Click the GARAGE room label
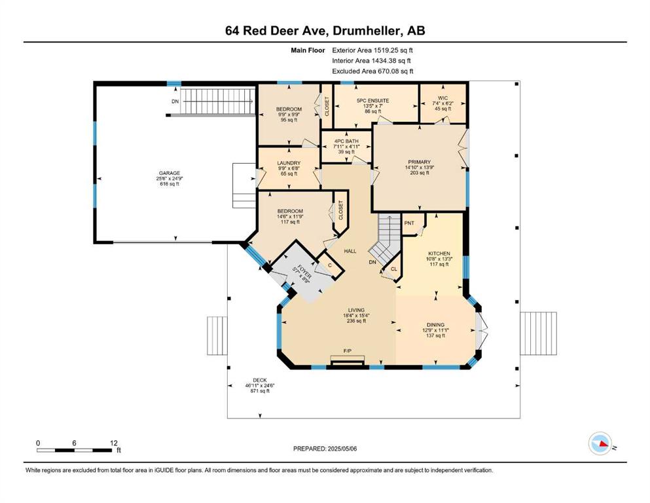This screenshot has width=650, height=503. [169, 174]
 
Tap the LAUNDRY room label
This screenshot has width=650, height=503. [289, 163]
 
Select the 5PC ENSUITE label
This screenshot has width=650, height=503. [372, 101]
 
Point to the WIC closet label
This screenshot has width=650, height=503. [442, 98]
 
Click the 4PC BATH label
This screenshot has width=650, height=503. [346, 141]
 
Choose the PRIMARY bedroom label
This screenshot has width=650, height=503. [419, 162]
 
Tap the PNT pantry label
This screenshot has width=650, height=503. [409, 223]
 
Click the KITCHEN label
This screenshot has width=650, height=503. [439, 253]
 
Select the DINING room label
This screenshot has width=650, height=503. [436, 325]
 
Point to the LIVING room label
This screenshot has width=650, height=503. [356, 310]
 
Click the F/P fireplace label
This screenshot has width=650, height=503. [348, 351]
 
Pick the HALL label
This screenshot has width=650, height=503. [350, 251]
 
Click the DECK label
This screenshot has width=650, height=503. [260, 381]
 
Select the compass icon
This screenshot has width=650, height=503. [600, 443]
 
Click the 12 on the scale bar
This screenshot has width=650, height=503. [114, 443]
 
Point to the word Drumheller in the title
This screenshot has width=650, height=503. [367, 31]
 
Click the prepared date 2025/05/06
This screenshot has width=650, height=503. [342, 449]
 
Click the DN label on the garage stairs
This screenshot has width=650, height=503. [175, 102]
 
